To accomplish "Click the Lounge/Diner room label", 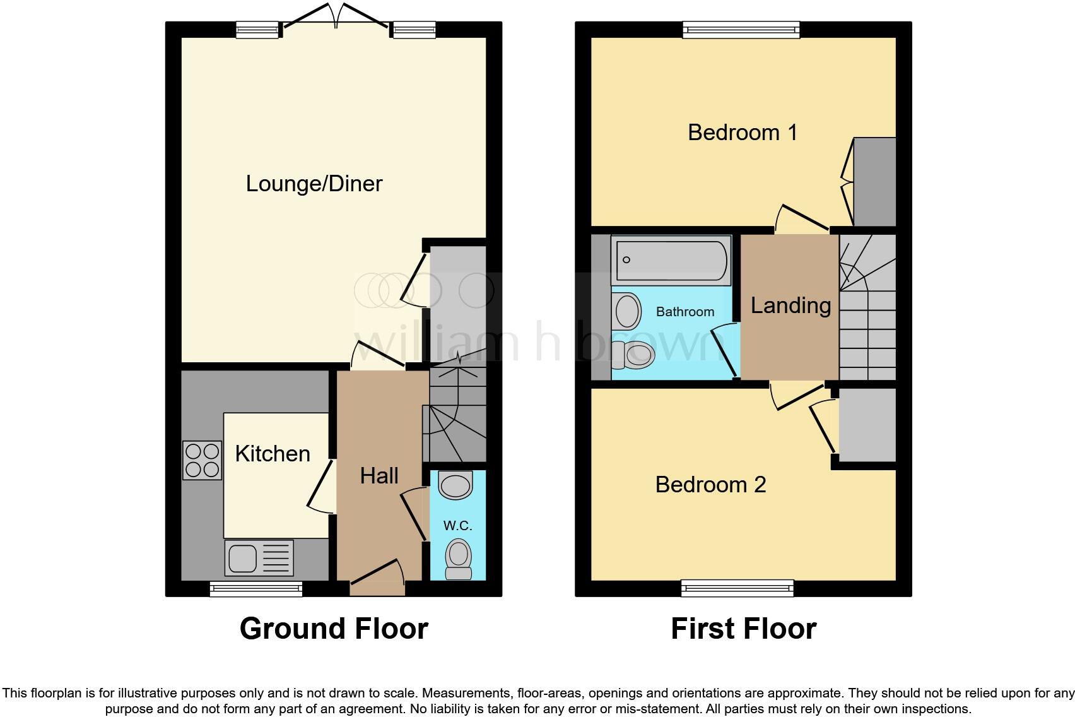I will pyautogui.click(x=314, y=184).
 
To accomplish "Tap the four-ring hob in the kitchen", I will pyautogui.click(x=203, y=460).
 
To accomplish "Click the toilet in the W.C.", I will pyautogui.click(x=458, y=558).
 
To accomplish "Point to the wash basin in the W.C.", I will pyautogui.click(x=455, y=486).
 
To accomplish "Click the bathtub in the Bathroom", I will pyautogui.click(x=671, y=260).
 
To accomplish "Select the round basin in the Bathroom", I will pyautogui.click(x=627, y=311).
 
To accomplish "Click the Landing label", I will pyautogui.click(x=790, y=305).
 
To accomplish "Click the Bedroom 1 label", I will pyautogui.click(x=743, y=133).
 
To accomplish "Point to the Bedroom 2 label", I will pyautogui.click(x=710, y=485).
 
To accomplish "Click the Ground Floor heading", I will pyautogui.click(x=334, y=629).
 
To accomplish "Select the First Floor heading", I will pyautogui.click(x=743, y=629).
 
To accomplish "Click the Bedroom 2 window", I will pyautogui.click(x=737, y=589).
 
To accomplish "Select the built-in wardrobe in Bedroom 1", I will pyautogui.click(x=874, y=181).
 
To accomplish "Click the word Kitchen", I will pyautogui.click(x=273, y=454).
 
